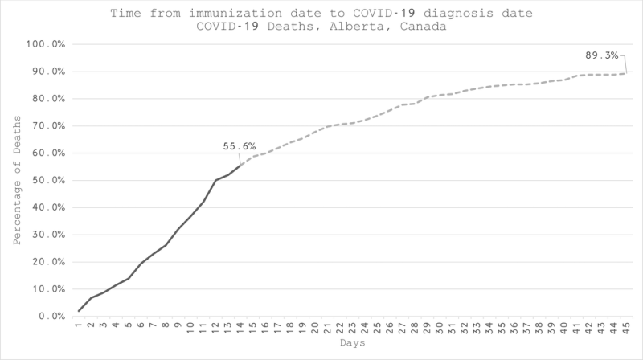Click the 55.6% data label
pos(240,147)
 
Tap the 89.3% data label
pos(601,55)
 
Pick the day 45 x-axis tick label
pos(625,327)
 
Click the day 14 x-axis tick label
pos(240,327)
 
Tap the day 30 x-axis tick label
pos(439,327)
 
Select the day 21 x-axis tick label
pos(327,327)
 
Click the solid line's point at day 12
pos(215,180)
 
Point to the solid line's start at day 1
pos(79,311)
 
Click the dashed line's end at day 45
pos(625,73)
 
